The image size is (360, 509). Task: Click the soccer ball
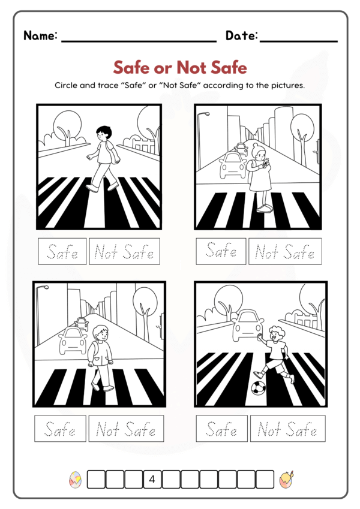point(259,388)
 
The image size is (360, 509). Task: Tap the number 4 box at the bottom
point(152,479)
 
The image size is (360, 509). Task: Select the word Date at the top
point(242,35)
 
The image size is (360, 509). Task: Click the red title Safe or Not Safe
point(180,67)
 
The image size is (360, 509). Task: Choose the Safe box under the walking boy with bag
point(62,251)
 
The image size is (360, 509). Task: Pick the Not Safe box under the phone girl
point(285,251)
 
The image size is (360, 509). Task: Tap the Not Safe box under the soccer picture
point(287,429)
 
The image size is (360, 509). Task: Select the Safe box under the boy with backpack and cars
point(60,429)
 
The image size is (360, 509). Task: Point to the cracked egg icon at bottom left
point(76,480)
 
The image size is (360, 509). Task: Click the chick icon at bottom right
point(286,480)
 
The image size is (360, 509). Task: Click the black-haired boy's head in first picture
point(104,133)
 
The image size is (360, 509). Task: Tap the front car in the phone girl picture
point(232,165)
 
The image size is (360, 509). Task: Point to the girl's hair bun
point(255,145)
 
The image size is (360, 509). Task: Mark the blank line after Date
point(299,41)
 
